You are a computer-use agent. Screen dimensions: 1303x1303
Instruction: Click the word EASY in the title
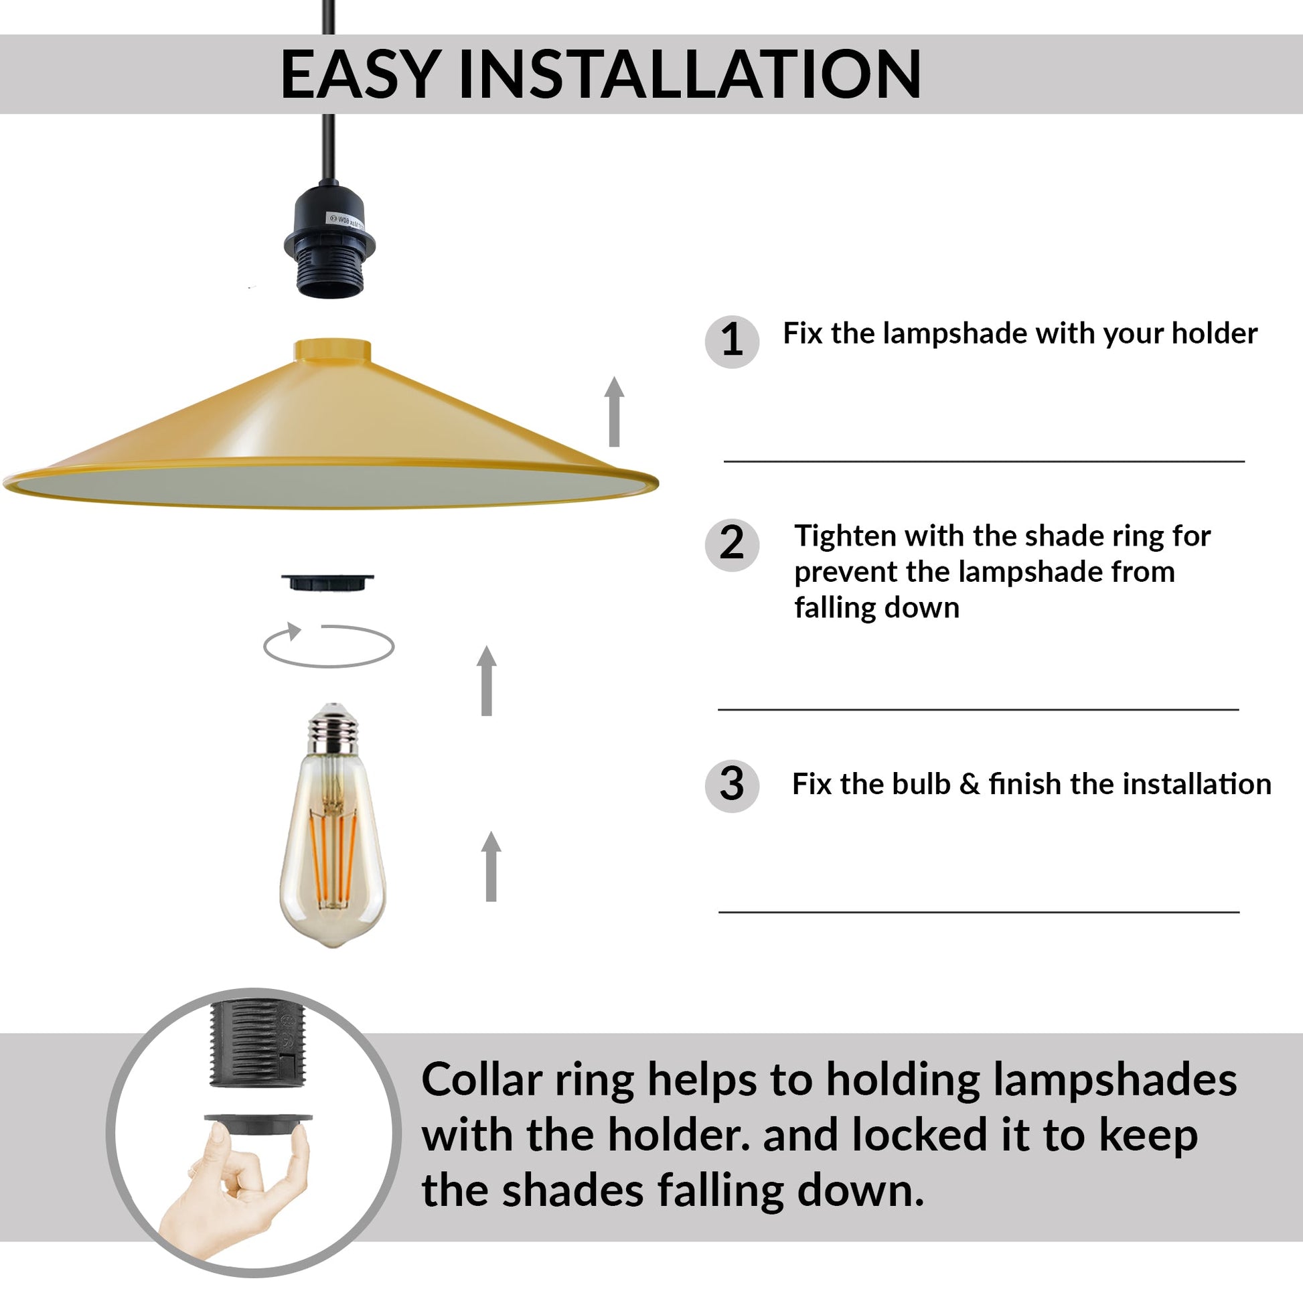(361, 74)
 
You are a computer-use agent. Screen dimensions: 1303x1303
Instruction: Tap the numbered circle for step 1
(732, 341)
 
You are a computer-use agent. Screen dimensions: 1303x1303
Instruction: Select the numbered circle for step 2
(732, 544)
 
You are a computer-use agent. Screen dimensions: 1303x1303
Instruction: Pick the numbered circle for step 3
(732, 785)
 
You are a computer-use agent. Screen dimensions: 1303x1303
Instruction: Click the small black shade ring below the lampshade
(328, 581)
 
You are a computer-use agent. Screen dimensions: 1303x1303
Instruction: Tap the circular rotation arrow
(329, 645)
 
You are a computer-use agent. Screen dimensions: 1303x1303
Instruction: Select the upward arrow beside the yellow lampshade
(614, 411)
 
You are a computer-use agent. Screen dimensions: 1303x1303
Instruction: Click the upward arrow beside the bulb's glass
(491, 866)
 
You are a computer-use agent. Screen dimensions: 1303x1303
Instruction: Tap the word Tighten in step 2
(845, 536)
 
